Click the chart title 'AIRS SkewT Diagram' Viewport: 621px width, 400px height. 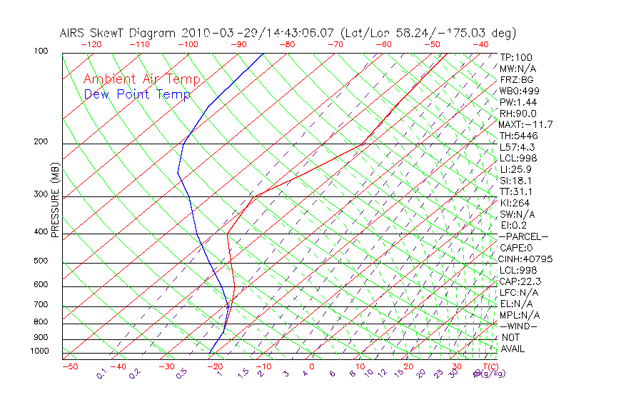point(118,33)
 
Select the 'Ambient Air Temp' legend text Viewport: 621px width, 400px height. point(142,79)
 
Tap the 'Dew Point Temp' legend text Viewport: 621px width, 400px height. point(137,94)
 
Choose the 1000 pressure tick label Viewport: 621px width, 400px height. point(40,351)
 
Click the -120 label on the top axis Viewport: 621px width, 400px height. point(91,44)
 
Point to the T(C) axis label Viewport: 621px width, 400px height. point(488,366)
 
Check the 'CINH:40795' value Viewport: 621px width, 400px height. point(525,259)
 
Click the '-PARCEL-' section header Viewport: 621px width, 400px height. point(523,236)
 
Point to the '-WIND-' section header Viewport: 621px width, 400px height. point(518,326)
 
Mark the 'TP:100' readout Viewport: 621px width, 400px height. point(515,57)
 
